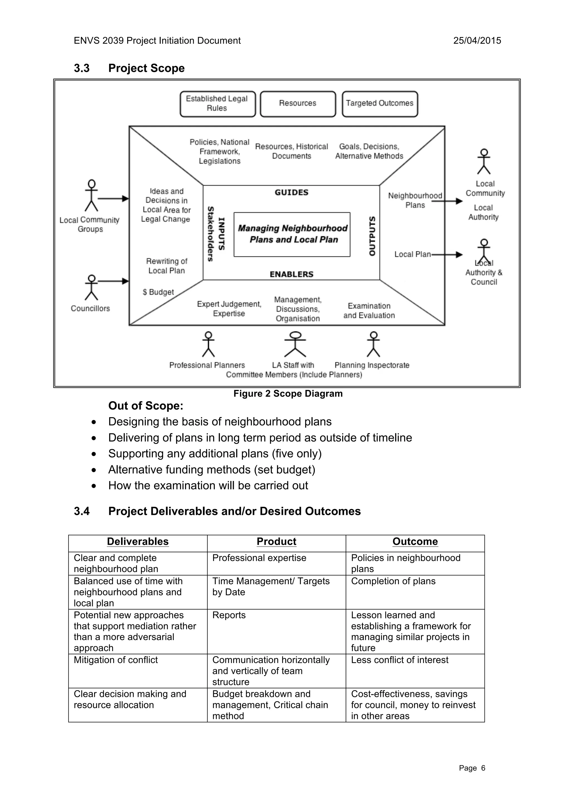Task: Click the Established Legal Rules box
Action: [x=217, y=104]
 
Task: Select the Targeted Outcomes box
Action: [x=379, y=104]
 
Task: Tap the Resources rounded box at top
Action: [x=298, y=104]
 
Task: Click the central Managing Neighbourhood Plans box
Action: [x=292, y=234]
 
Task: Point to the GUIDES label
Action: [x=291, y=192]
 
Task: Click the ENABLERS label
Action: [x=291, y=274]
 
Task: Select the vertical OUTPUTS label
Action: [x=372, y=236]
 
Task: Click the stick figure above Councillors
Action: [x=92, y=287]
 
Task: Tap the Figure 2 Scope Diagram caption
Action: [x=288, y=394]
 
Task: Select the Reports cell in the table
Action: [x=229, y=615]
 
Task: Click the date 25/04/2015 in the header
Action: [x=477, y=41]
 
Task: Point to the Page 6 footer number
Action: [x=472, y=768]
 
